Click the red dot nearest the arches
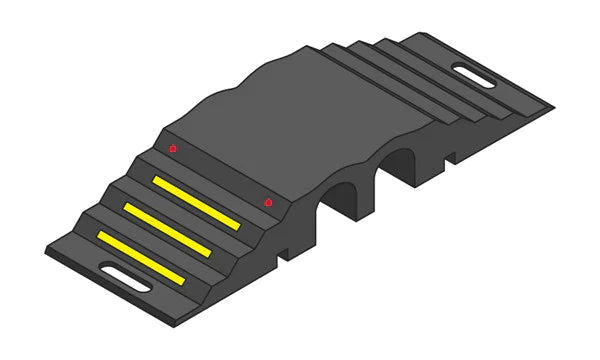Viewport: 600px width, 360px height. click(x=268, y=204)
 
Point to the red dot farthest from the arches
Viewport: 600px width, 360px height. click(x=173, y=149)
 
